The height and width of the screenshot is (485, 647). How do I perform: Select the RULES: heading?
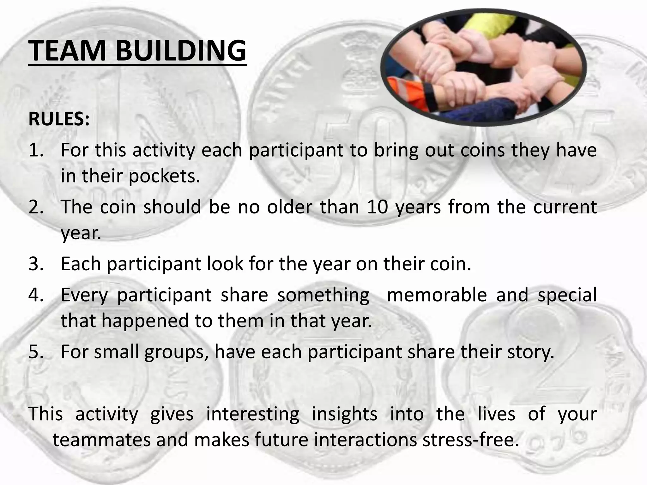(x=59, y=119)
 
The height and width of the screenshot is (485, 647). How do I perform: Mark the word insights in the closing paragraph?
(x=344, y=414)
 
